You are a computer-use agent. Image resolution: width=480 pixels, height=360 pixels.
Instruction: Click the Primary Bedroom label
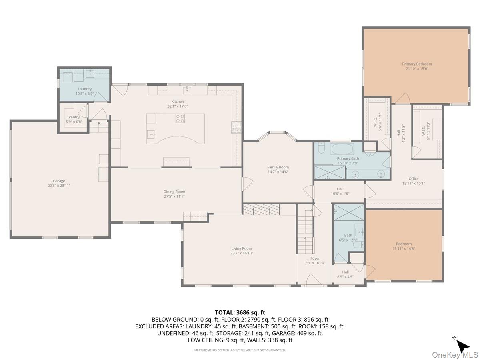coord(417,64)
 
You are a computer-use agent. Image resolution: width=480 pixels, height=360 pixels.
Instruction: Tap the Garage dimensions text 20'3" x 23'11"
coord(59,186)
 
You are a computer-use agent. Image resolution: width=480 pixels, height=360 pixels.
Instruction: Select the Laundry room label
coord(85,89)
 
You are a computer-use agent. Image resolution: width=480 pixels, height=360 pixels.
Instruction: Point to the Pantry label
coord(74,117)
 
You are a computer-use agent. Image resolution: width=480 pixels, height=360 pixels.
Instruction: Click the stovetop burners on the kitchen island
coord(180,118)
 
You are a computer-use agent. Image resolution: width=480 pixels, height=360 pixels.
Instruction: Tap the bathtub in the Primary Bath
coord(342,150)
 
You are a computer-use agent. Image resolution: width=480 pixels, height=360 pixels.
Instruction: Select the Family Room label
coord(278,167)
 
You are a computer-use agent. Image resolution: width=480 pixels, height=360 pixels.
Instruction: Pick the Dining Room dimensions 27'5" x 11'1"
coord(174,196)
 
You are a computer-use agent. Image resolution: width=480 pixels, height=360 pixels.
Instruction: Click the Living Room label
coord(242,248)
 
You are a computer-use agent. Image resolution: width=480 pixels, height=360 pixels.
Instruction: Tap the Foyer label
coord(315,258)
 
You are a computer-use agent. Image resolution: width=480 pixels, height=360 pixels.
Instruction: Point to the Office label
coord(413,179)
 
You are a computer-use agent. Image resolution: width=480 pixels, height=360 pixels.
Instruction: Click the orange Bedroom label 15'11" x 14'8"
coord(404,244)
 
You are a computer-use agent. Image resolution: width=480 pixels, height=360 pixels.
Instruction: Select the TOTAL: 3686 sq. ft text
coord(240,312)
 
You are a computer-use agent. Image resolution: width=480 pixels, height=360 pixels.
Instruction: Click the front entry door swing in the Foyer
coord(314,280)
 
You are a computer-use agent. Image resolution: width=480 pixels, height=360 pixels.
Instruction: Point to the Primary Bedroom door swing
coord(403,98)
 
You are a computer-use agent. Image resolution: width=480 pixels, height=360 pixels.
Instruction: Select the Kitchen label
coord(178,102)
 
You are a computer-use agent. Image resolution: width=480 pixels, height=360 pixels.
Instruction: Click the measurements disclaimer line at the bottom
coord(240,350)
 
